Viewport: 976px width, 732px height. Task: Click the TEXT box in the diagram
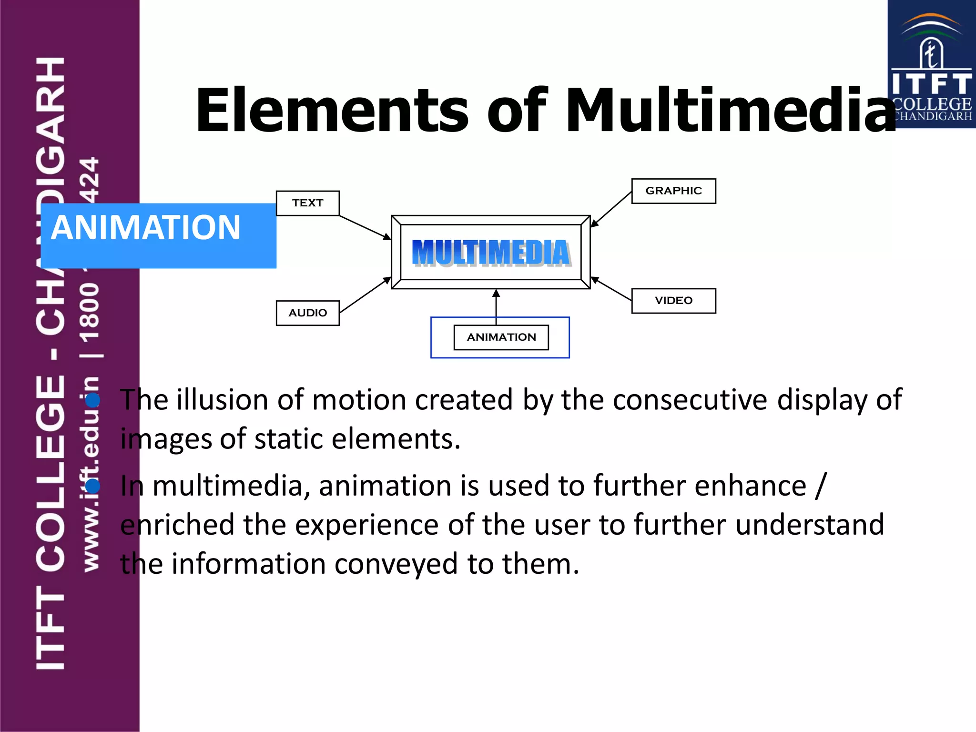tap(307, 203)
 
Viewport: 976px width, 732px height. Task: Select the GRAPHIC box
tap(673, 191)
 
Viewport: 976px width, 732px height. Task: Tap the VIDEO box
tap(673, 301)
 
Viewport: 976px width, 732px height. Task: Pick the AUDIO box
tap(307, 313)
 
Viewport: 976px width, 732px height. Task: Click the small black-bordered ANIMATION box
tap(501, 337)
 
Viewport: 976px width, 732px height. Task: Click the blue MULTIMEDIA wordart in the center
tap(491, 253)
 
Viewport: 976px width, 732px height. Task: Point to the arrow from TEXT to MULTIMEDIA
tap(365, 227)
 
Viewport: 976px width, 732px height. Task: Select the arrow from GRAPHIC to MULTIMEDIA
tap(611, 209)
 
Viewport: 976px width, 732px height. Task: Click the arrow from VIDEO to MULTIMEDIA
tap(611, 289)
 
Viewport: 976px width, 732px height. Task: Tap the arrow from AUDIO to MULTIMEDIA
tap(365, 295)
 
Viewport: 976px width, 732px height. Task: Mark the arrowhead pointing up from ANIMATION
tap(496, 294)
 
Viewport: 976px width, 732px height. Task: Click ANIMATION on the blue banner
tap(145, 227)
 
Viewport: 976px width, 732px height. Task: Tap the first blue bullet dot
tap(93, 400)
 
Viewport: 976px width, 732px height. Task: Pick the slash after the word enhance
tap(821, 486)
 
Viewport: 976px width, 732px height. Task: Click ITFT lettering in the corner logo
tap(931, 84)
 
